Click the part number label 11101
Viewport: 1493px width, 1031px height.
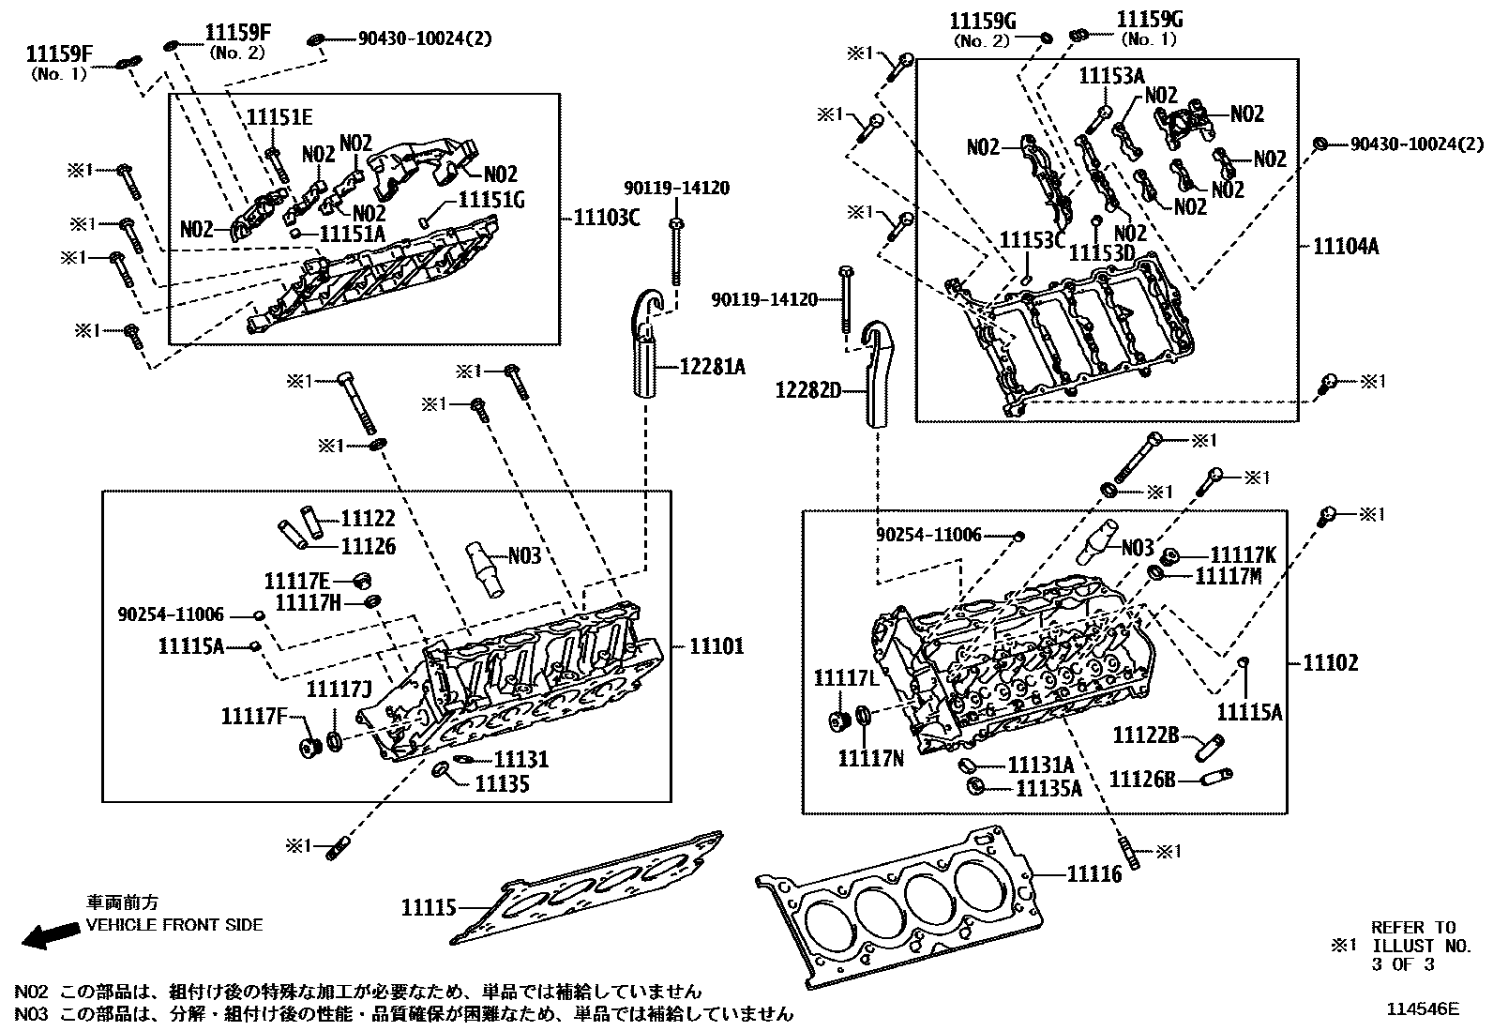[716, 646]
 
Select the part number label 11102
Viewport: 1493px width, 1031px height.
[1330, 663]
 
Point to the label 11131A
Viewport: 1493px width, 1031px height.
[1041, 765]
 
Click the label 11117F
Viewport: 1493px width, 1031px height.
[254, 717]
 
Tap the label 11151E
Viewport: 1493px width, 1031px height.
[279, 117]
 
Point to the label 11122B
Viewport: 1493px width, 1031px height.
[1146, 735]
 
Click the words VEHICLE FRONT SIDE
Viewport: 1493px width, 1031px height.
[174, 925]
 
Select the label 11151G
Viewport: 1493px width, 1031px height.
[490, 199]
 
